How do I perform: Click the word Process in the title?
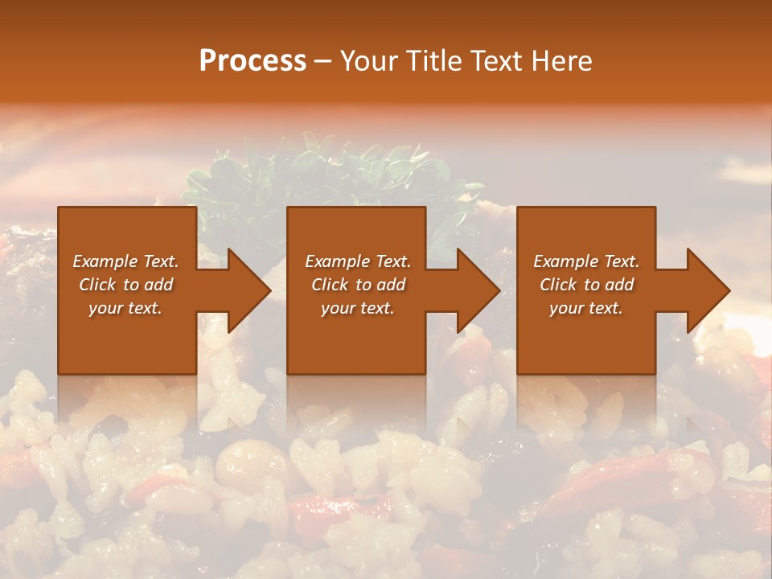tap(253, 61)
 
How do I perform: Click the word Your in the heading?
tap(370, 61)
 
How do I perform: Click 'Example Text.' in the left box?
tap(125, 261)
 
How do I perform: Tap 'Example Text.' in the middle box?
tap(358, 261)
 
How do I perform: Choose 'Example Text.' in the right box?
tap(586, 261)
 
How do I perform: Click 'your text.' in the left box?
tap(125, 308)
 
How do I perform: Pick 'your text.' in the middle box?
tap(358, 308)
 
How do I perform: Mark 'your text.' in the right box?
tap(586, 308)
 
